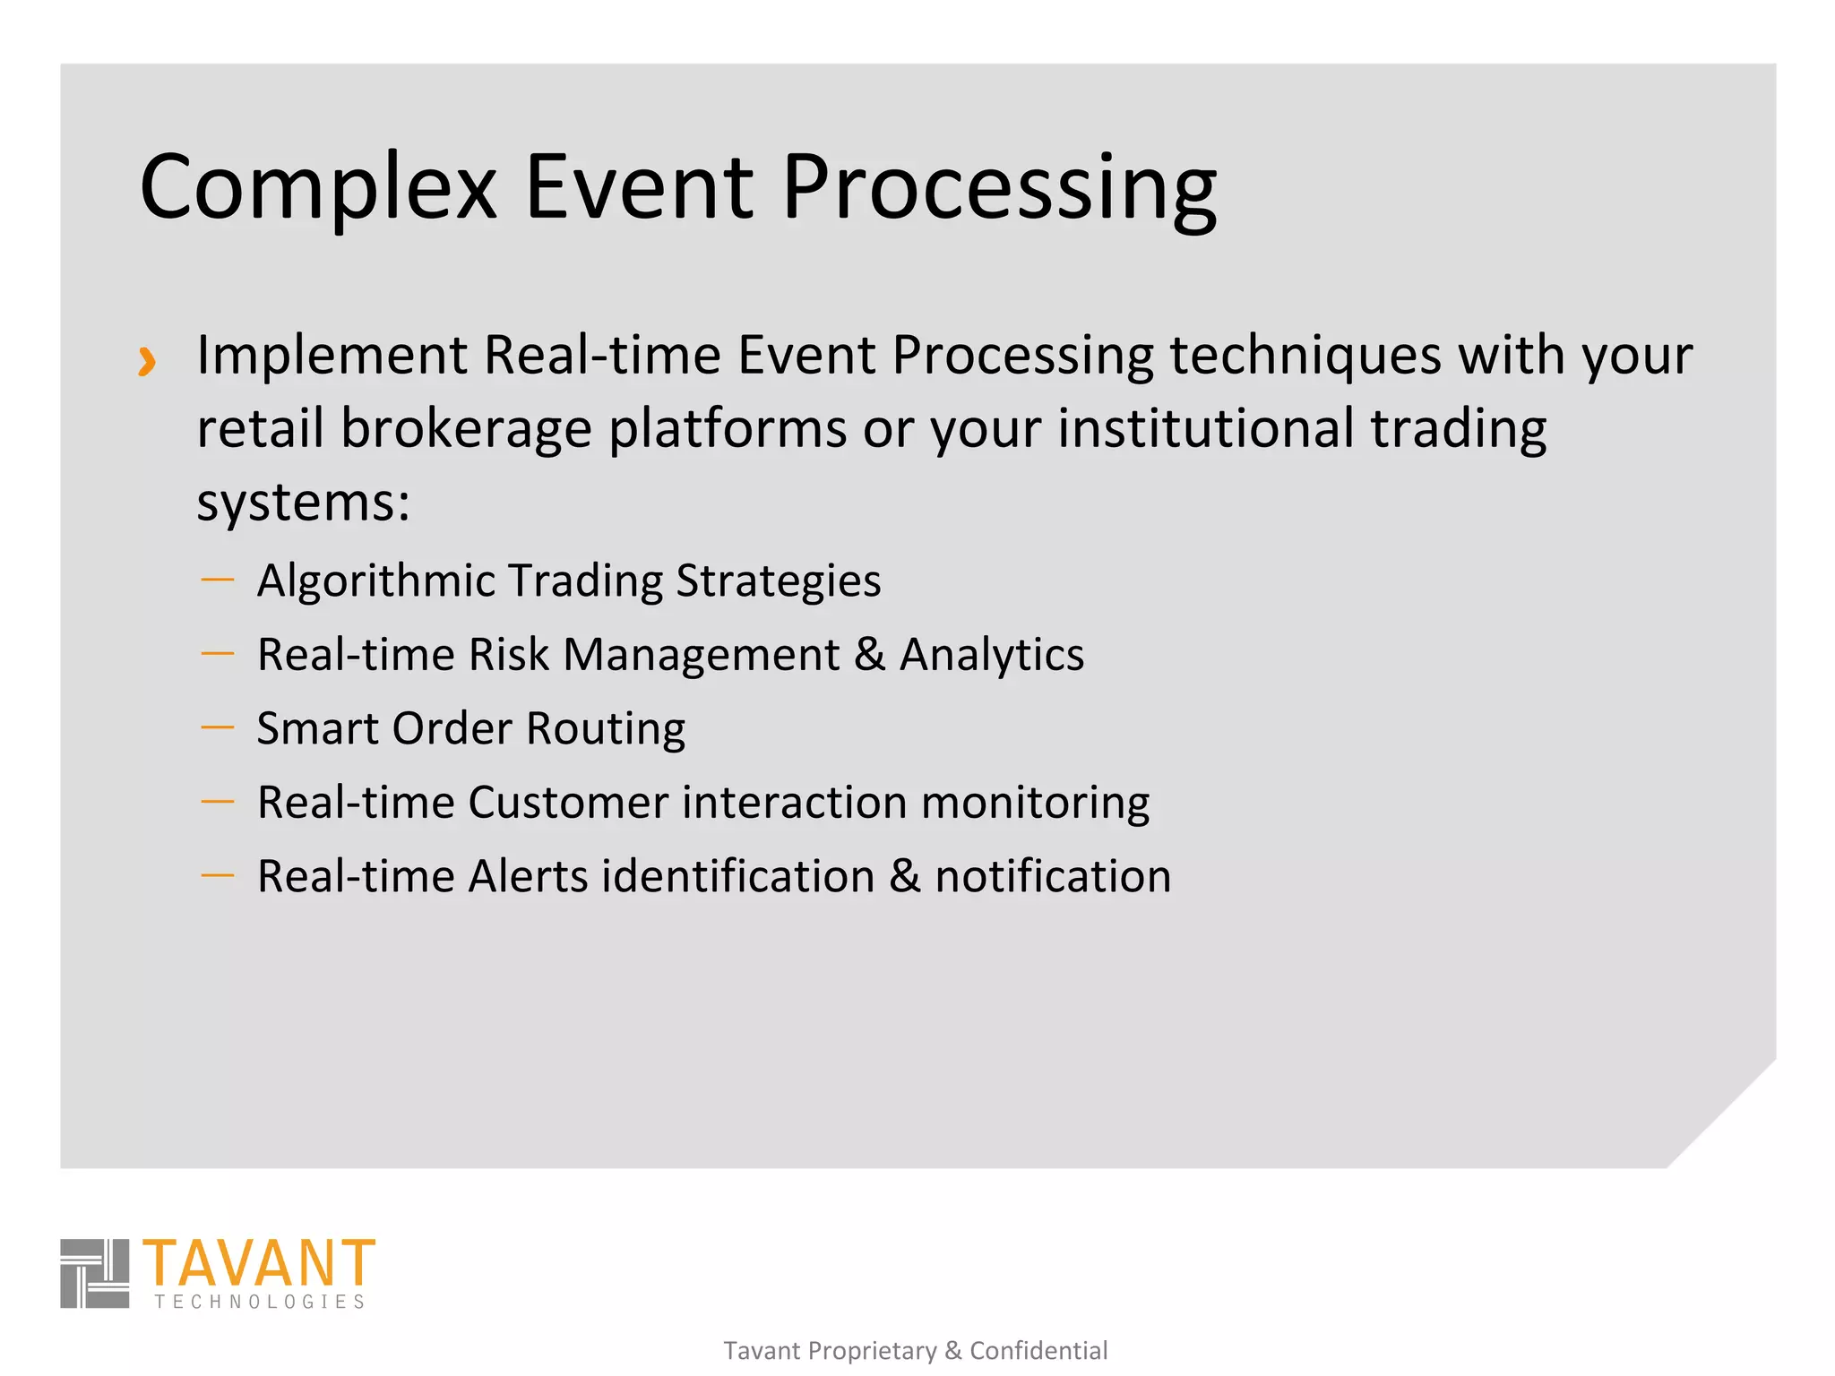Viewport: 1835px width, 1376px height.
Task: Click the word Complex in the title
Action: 318,188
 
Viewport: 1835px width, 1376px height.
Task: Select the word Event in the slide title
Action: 638,186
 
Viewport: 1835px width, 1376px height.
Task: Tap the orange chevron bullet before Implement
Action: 147,361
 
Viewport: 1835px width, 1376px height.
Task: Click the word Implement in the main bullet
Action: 332,356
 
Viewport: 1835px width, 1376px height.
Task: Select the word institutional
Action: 1206,428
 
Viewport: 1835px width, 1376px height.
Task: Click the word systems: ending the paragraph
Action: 303,502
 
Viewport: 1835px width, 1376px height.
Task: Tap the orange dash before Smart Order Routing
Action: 218,727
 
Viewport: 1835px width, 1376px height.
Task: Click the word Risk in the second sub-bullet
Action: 508,654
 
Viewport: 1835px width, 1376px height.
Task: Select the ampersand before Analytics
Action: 869,654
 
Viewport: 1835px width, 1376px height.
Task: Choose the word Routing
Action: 606,729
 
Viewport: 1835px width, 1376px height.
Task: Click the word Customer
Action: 567,802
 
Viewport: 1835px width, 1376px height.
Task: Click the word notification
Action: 1053,876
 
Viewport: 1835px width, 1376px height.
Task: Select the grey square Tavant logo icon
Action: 95,1273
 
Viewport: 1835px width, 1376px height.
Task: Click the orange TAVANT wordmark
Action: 258,1263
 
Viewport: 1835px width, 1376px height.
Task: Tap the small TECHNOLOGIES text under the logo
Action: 260,1302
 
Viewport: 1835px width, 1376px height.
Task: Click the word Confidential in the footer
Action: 1038,1350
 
